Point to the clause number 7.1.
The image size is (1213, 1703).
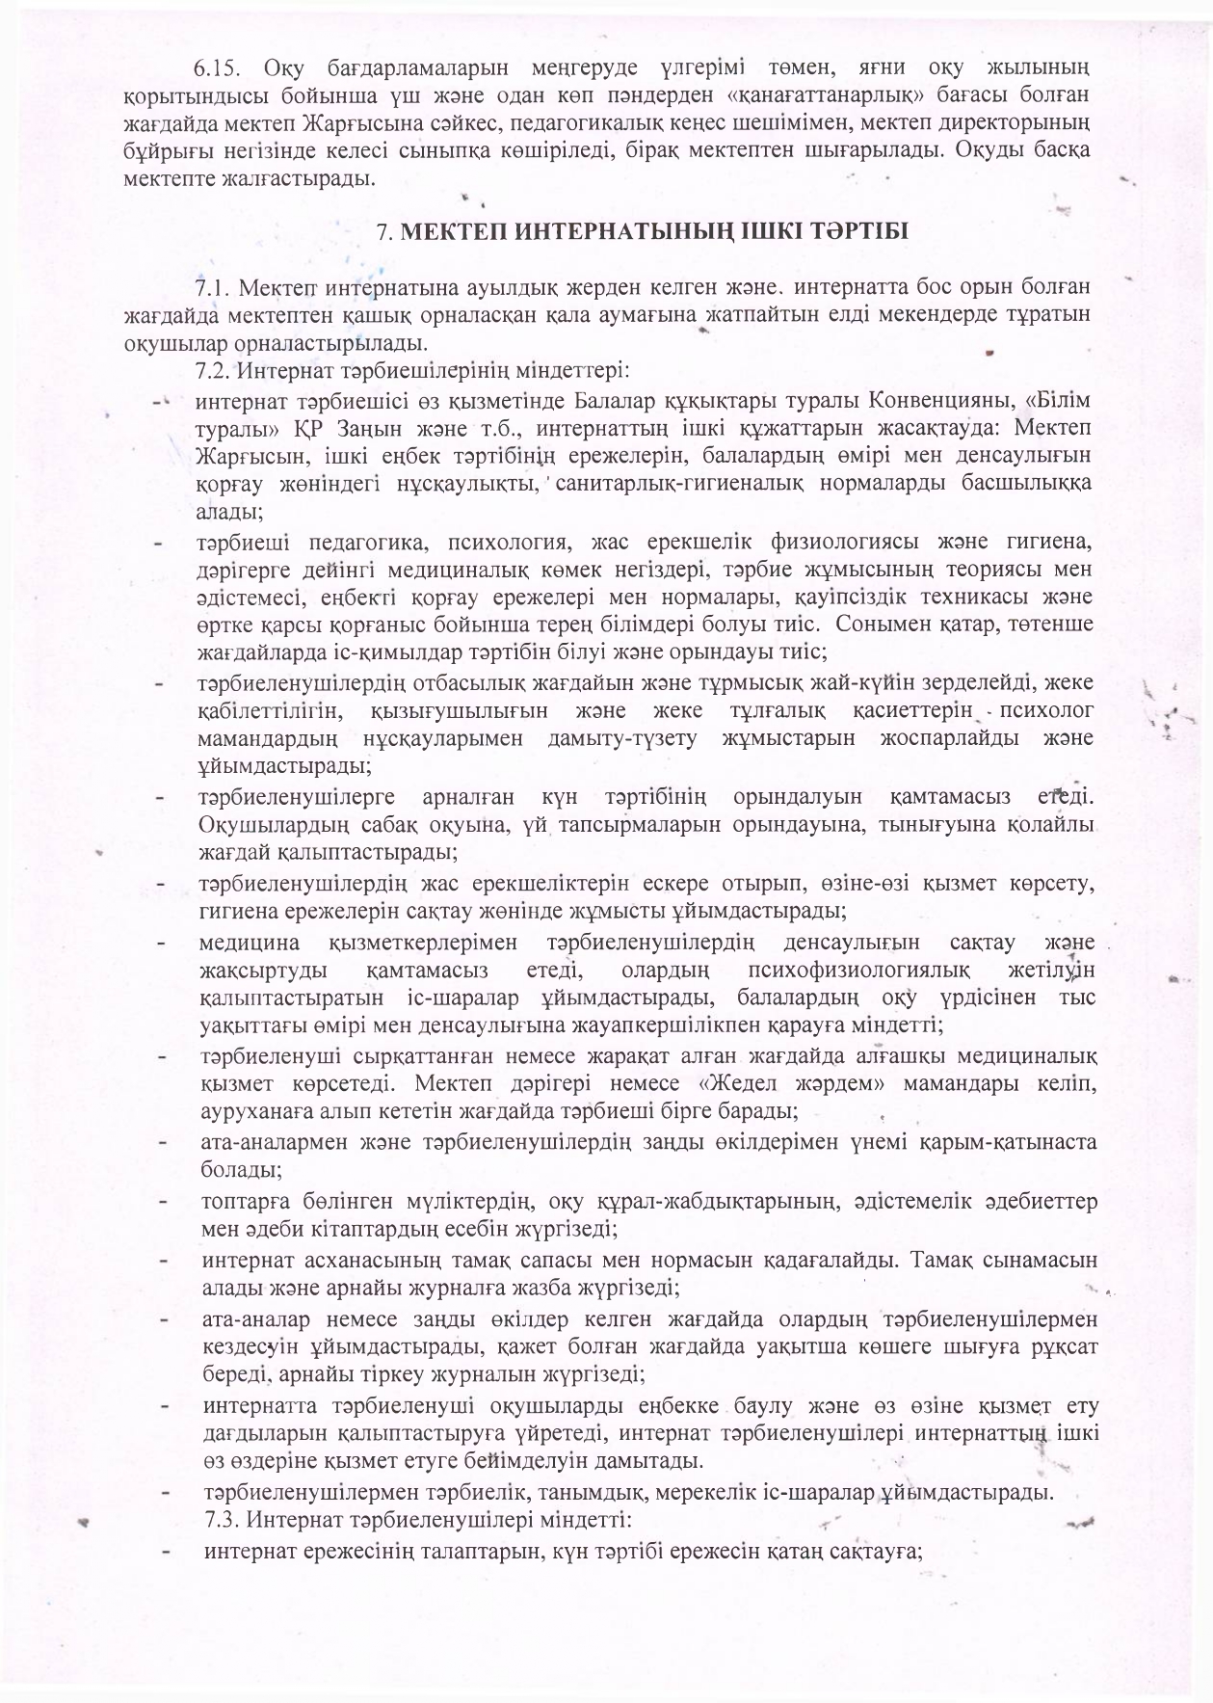213,287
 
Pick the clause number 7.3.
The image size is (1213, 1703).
224,1520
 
